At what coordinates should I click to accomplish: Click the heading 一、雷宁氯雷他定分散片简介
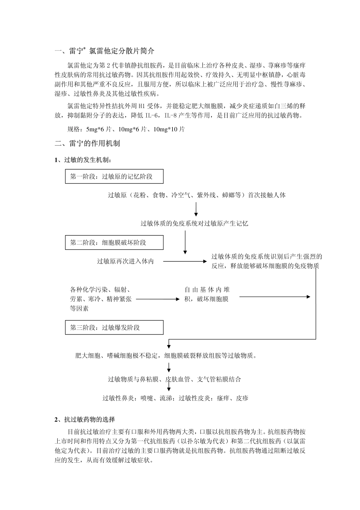[105, 51]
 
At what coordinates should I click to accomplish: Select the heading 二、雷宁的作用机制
[88, 143]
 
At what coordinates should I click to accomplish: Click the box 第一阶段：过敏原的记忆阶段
[114, 177]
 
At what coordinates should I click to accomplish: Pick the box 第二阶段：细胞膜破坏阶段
[114, 243]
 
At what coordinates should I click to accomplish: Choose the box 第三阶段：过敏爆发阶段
[114, 328]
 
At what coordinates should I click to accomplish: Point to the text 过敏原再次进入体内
[125, 261]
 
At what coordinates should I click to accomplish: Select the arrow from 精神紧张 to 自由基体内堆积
[157, 299]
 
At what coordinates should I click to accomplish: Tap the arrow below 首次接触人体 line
[196, 209]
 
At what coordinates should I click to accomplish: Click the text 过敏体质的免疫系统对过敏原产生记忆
[194, 223]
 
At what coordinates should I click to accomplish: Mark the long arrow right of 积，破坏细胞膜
[275, 297]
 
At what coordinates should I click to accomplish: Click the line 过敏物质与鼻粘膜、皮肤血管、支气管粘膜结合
[174, 379]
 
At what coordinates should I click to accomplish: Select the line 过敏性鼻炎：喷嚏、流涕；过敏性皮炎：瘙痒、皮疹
[175, 398]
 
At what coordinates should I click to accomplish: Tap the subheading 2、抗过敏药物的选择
[85, 419]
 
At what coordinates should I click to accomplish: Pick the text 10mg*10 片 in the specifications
[169, 130]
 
